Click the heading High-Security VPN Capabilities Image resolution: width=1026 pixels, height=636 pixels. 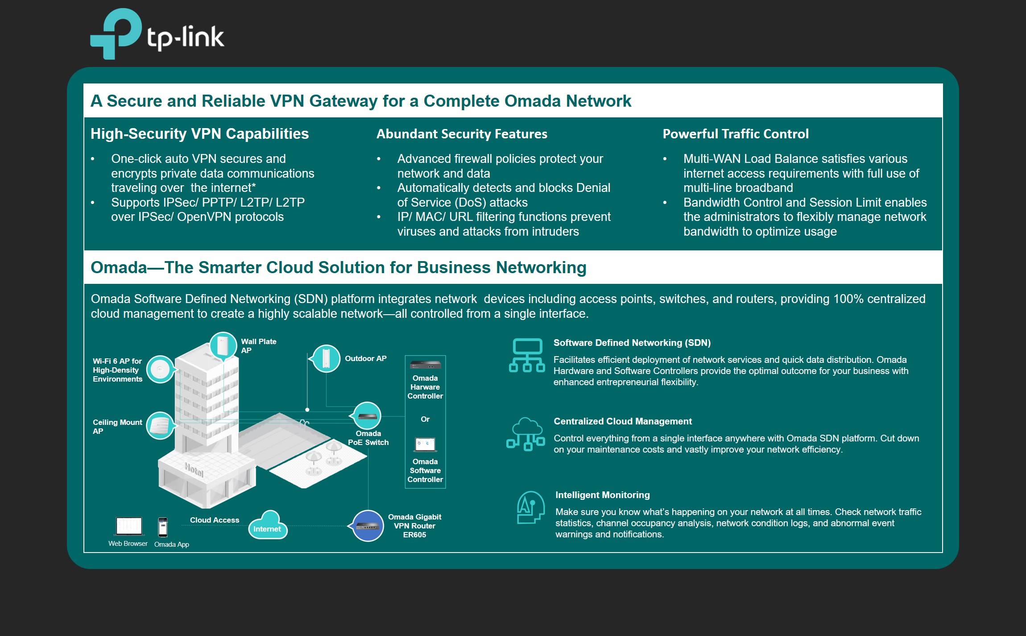point(199,134)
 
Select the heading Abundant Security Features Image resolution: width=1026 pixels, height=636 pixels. point(462,134)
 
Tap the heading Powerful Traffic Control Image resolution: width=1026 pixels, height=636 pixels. point(736,134)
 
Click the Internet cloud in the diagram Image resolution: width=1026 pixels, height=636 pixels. point(268,525)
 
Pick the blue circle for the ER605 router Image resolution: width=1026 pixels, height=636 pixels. point(368,526)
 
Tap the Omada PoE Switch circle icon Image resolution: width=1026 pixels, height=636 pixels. point(367,416)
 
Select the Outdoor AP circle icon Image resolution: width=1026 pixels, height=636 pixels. point(326,358)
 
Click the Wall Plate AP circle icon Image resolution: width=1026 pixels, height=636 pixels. point(223,346)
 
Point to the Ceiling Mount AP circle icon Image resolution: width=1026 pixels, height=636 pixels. point(160,425)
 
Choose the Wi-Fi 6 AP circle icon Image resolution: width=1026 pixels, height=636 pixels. point(160,369)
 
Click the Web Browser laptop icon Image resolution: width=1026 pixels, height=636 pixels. point(129,526)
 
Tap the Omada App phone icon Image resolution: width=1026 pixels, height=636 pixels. point(163,527)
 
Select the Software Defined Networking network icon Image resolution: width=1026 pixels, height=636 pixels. point(527,355)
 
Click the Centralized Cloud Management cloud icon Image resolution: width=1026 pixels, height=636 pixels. point(526,434)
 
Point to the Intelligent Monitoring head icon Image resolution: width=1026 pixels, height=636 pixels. point(530,507)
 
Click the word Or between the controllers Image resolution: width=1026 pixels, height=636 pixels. point(425,419)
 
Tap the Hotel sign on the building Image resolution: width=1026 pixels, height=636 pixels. point(194,470)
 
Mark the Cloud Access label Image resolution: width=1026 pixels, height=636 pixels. point(215,520)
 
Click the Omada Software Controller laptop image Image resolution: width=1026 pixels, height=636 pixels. point(425,445)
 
